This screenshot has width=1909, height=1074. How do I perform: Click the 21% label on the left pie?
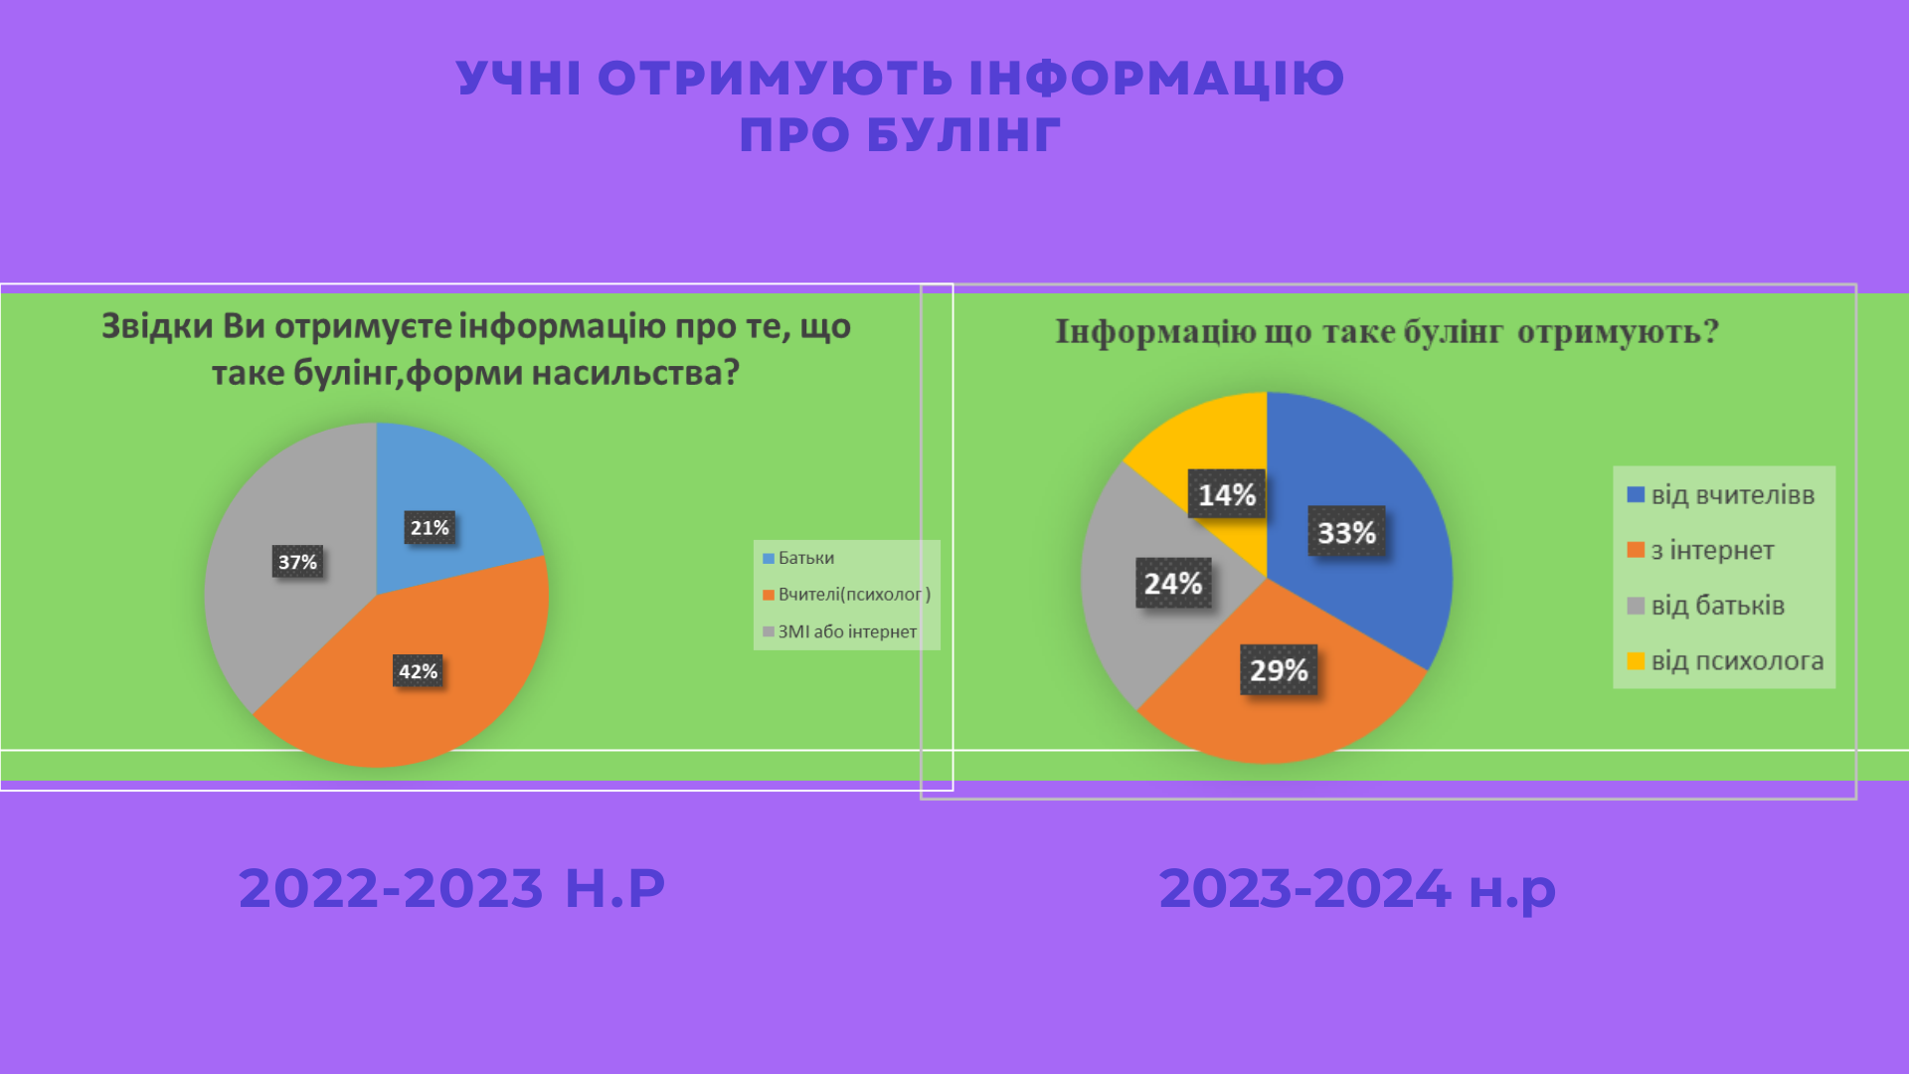(430, 528)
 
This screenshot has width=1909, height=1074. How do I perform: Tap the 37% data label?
(297, 562)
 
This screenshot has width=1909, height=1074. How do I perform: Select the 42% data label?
(418, 671)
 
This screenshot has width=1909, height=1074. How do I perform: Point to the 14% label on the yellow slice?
(1227, 494)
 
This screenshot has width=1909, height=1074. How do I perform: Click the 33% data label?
(1346, 532)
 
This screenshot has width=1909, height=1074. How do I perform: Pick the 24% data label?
(1173, 583)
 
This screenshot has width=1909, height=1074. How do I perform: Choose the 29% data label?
(1279, 670)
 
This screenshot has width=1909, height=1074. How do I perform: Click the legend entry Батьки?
(798, 558)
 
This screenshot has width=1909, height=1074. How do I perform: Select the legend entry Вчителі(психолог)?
(846, 595)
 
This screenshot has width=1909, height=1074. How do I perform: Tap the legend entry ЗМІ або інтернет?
(839, 631)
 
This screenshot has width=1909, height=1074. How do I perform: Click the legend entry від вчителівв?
(1721, 495)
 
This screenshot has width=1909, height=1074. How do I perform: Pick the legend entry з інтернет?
(1700, 550)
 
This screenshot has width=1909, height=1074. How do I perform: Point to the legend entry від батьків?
(1706, 606)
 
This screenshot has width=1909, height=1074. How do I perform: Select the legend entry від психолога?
(1725, 661)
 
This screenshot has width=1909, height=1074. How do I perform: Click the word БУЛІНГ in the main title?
(963, 135)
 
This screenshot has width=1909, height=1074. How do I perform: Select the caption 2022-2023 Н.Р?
(451, 888)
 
